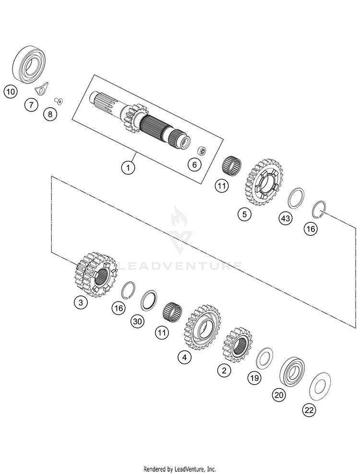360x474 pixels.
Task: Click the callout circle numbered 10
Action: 11,91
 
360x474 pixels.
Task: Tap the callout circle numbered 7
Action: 31,105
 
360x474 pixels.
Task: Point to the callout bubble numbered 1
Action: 128,167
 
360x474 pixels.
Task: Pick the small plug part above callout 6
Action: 202,150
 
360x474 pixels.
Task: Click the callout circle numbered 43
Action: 285,218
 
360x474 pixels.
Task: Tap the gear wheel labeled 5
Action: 263,183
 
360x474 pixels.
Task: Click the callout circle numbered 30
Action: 138,321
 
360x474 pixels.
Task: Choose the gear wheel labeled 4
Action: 202,328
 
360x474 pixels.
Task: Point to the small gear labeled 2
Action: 238,345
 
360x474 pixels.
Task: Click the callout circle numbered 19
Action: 254,378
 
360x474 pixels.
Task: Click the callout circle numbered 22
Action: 309,410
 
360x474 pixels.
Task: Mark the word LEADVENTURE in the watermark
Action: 180,266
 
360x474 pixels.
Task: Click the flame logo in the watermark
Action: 179,217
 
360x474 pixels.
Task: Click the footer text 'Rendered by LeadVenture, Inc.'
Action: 180,469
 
